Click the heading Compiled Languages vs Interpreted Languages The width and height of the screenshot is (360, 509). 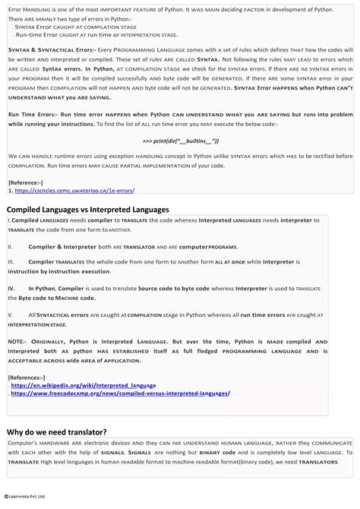(87, 209)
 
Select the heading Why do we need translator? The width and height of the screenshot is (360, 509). (57, 431)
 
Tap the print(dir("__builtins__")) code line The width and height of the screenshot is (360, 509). (180, 141)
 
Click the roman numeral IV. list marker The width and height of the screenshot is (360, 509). (11, 289)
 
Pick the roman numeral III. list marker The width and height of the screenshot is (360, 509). (11, 261)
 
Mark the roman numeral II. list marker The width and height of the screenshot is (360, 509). (11, 247)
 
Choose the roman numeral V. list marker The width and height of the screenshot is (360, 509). (11, 314)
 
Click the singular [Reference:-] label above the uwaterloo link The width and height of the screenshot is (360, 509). (25, 182)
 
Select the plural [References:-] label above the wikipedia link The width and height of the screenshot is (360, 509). (27, 378)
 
